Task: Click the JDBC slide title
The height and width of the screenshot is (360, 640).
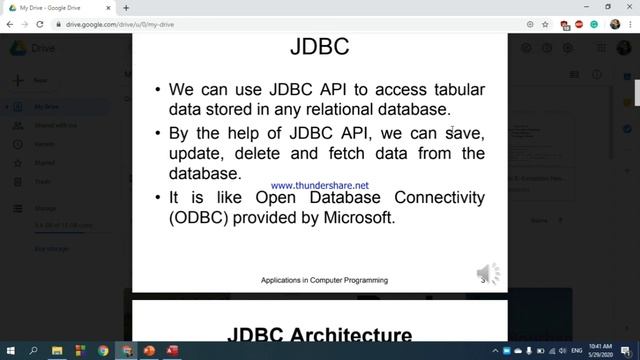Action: tap(319, 47)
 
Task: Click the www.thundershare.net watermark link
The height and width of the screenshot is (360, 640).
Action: tap(319, 185)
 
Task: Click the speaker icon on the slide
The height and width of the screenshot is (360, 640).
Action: tap(488, 273)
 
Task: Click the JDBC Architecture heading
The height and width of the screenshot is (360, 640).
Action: tap(319, 335)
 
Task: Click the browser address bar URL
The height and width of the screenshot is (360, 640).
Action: tap(120, 23)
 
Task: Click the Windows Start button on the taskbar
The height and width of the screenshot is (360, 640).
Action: tap(10, 351)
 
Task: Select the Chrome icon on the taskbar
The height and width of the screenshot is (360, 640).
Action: tap(104, 351)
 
